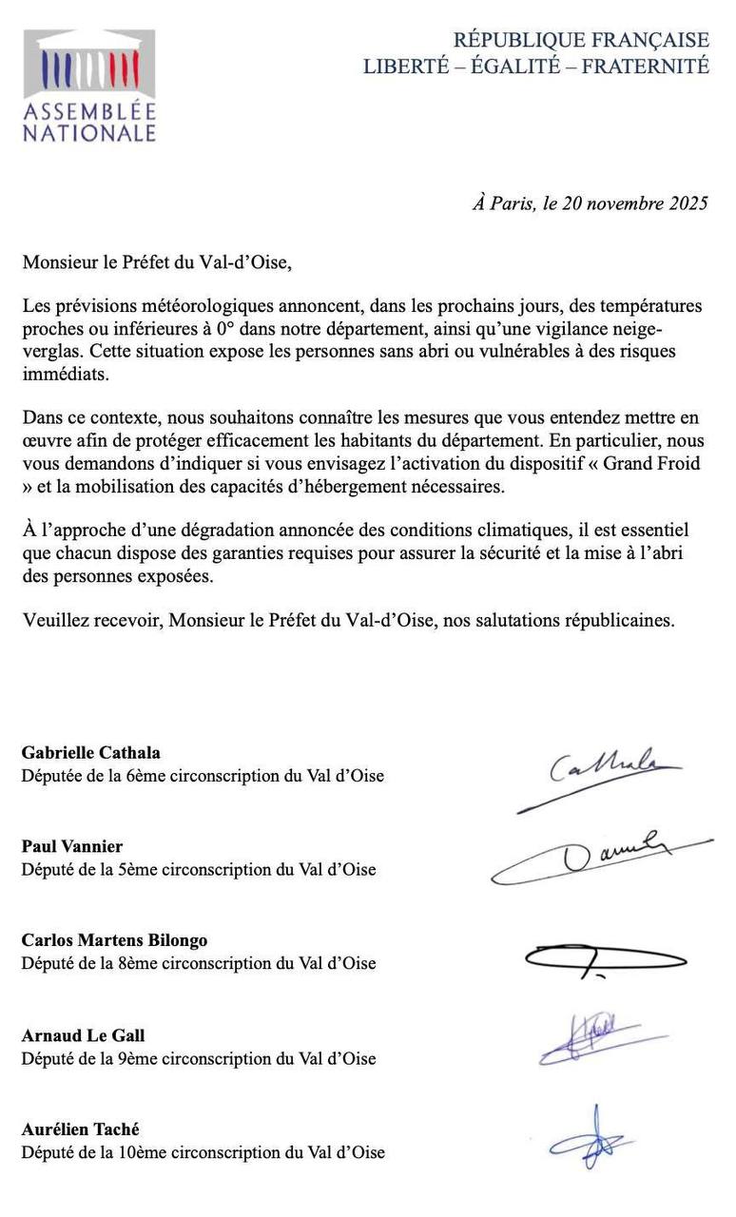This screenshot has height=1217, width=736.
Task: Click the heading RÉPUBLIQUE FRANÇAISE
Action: tap(580, 40)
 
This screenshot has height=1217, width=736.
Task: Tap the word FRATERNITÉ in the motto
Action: tap(646, 66)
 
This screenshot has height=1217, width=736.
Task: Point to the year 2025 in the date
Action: tap(685, 204)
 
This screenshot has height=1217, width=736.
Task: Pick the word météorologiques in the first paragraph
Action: tap(190, 307)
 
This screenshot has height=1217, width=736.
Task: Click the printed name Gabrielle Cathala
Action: tap(91, 753)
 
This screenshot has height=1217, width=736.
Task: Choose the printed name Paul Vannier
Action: tap(72, 846)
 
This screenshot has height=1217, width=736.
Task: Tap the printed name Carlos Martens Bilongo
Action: tap(114, 940)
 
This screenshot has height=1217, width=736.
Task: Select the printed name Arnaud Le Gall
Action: tap(84, 1035)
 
